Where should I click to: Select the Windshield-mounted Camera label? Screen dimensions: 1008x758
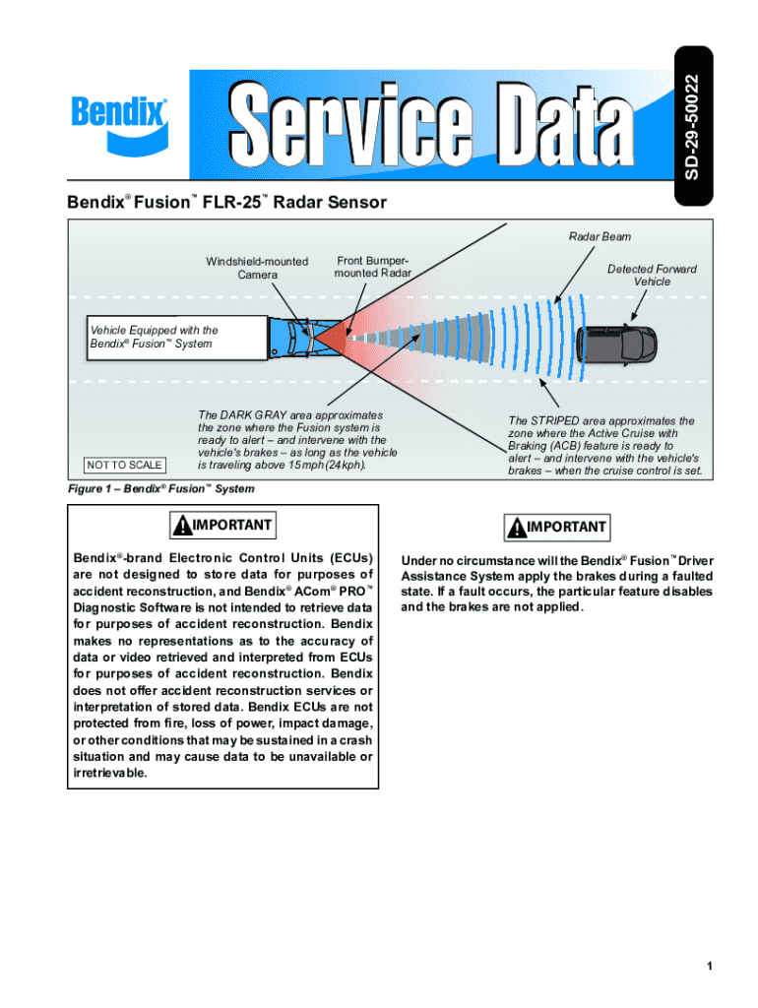[257, 268]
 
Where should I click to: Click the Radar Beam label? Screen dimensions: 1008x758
[600, 236]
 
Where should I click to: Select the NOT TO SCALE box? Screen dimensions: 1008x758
[125, 465]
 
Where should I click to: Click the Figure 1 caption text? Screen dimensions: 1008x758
[160, 489]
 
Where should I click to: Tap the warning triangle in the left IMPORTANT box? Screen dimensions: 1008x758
[182, 526]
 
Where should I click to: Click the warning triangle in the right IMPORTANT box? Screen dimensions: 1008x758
[516, 528]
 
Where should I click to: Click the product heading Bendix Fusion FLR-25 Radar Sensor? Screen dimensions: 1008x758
[227, 203]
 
